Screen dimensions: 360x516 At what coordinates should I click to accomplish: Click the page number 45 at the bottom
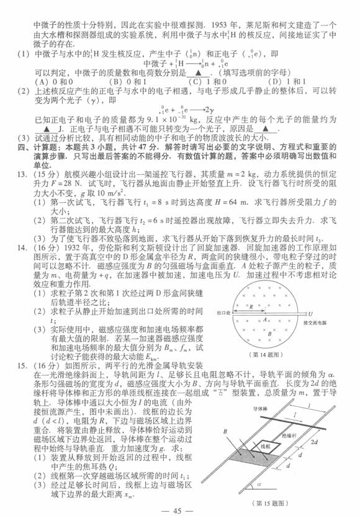179,510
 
